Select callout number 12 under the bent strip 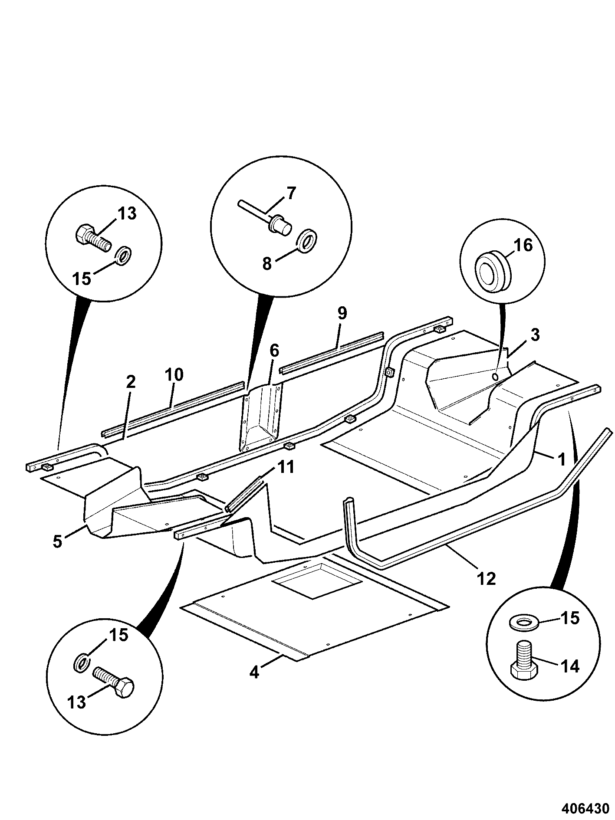point(486,578)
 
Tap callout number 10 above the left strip point(174,374)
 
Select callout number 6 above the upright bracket point(275,350)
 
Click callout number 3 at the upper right point(535,335)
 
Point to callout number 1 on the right point(562,459)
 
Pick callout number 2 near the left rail point(131,381)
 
